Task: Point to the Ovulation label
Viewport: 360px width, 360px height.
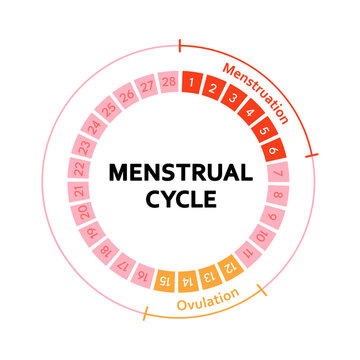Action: coord(208,299)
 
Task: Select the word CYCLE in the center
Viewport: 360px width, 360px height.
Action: coord(180,197)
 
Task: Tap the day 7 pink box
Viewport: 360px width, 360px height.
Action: coord(280,169)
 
